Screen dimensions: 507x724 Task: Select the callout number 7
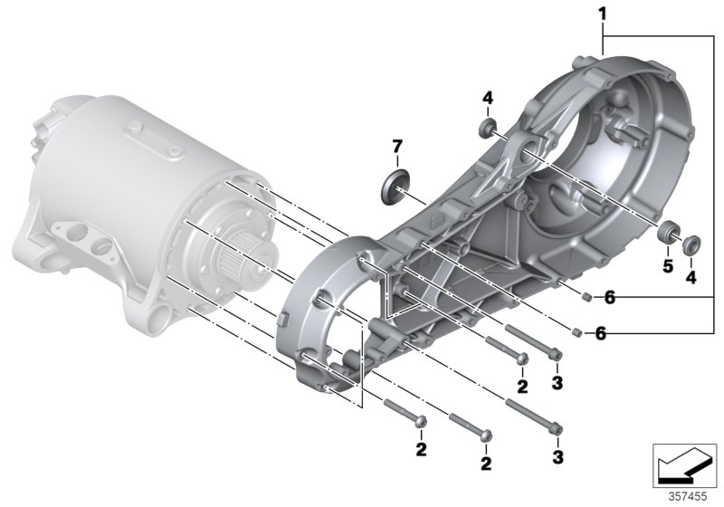coord(395,146)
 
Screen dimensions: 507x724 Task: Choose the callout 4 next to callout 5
coord(691,278)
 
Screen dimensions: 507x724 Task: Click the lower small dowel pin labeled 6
coord(576,331)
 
